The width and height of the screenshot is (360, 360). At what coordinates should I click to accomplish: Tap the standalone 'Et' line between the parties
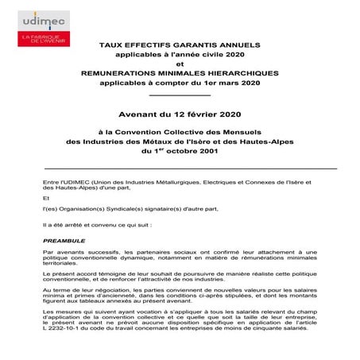(46, 198)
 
